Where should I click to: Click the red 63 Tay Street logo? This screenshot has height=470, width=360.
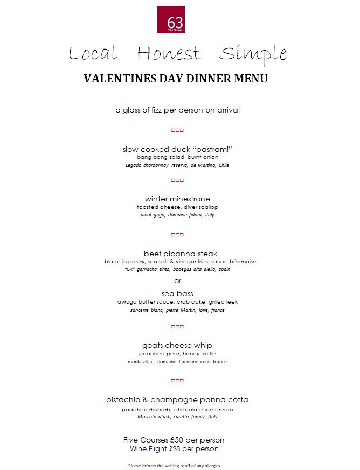point(171,20)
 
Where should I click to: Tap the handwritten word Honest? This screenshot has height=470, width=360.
point(169,54)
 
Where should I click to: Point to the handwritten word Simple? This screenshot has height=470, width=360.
point(253,54)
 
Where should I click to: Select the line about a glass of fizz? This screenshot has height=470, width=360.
point(177,110)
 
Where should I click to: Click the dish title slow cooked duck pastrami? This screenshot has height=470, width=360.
point(177,149)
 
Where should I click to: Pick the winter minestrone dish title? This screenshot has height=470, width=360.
point(177,199)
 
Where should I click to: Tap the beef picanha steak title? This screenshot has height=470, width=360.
point(180,253)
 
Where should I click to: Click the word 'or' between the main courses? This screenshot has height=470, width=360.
point(178,280)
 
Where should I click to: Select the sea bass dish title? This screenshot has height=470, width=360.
point(177,293)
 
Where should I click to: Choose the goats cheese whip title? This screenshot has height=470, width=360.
point(177,345)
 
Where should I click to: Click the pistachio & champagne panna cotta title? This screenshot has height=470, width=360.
point(177,400)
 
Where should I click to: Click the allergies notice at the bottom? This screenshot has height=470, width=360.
point(174,465)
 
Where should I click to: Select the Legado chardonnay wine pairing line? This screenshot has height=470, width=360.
point(177,165)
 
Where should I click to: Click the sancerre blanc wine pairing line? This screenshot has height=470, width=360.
point(177,310)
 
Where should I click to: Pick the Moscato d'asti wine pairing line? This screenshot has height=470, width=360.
point(177,417)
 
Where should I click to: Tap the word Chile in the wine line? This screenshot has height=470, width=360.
point(223,165)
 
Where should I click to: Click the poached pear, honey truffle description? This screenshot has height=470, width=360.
point(177,354)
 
